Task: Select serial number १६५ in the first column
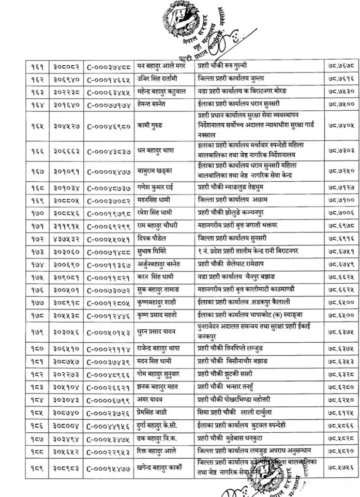(x=37, y=125)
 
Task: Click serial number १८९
(x=37, y=467)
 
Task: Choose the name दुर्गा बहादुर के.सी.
(x=161, y=425)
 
